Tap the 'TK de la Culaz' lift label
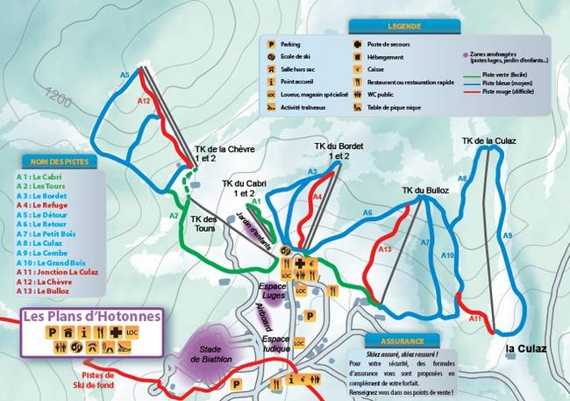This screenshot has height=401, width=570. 488,140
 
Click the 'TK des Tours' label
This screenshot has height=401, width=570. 203,225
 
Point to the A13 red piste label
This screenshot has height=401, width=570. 384,249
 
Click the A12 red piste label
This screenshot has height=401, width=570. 145,102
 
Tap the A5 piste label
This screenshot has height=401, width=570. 125,75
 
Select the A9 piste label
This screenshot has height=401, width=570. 507,235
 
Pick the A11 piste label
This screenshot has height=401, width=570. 475,319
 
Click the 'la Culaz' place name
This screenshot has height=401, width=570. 526,349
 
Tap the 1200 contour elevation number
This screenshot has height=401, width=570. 60,92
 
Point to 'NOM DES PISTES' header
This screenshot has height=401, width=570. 60,161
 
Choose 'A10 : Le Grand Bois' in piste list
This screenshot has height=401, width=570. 63,261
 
